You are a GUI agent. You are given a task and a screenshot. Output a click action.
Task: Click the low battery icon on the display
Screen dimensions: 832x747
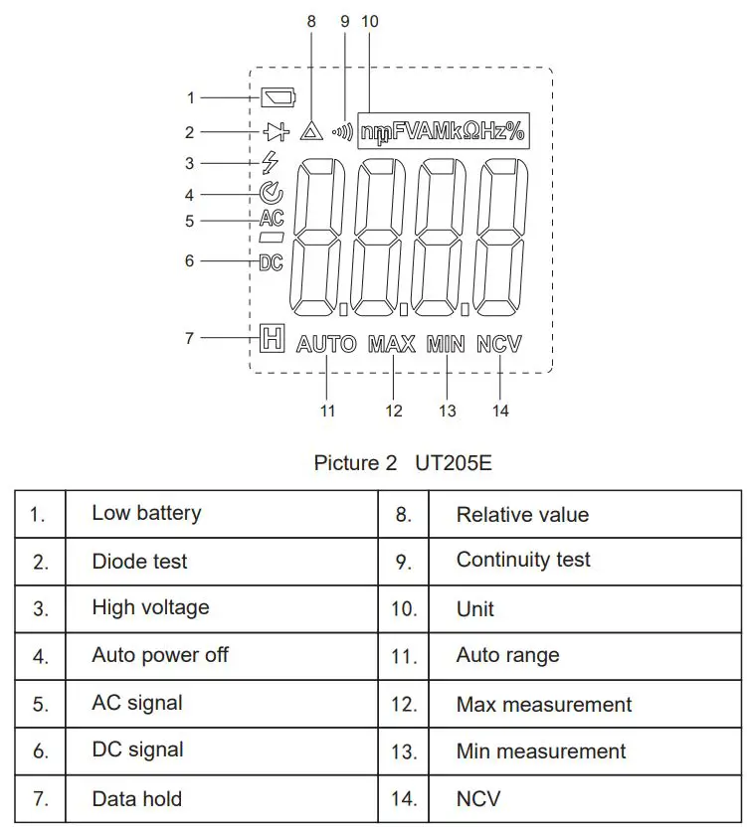click(x=279, y=97)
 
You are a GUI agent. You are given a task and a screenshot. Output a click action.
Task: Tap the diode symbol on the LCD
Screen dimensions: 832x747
click(x=275, y=132)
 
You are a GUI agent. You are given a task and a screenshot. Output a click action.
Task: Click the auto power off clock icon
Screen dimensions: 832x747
click(x=271, y=194)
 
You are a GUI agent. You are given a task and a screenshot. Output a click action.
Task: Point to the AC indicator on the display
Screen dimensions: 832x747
click(x=271, y=220)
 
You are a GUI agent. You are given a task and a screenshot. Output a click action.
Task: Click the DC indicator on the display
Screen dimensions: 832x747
click(x=271, y=262)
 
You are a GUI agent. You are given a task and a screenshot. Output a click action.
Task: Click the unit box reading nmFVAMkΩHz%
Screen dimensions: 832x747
click(x=443, y=130)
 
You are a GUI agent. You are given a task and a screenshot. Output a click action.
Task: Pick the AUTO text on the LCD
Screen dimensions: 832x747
click(x=326, y=345)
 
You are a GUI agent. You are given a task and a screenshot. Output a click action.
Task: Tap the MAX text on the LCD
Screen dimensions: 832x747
click(x=392, y=345)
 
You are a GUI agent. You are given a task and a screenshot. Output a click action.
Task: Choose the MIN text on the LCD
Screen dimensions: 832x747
click(x=446, y=345)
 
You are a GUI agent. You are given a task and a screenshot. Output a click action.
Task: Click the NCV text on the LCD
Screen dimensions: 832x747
click(x=499, y=345)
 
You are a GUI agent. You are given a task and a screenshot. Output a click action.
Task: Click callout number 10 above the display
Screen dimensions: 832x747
click(x=370, y=21)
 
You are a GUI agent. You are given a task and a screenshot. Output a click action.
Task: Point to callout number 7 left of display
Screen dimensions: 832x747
click(x=189, y=338)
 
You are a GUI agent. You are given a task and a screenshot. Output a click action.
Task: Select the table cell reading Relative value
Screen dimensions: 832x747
click(x=522, y=515)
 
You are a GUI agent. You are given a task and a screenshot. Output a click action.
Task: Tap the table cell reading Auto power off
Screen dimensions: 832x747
click(x=160, y=655)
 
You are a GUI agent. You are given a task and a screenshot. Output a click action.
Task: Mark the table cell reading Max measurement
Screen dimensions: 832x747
click(x=543, y=705)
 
